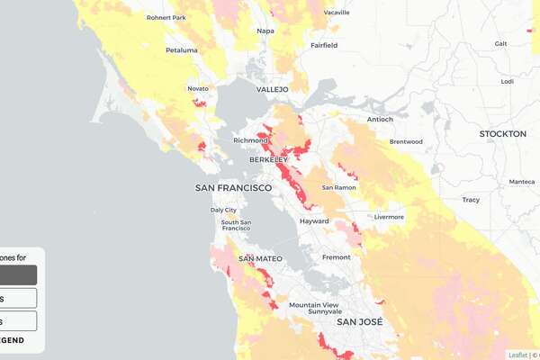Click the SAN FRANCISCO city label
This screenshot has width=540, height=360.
233,187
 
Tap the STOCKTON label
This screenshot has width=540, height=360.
502,133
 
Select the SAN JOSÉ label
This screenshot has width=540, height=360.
359,321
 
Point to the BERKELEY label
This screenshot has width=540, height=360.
268,159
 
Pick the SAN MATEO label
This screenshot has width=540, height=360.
260,258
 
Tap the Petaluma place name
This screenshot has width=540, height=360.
181,50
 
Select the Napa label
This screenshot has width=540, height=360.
265,31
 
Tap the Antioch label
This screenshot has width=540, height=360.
380,119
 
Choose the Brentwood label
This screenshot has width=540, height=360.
406,141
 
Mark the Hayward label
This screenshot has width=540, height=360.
314,220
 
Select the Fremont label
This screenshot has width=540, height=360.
336,257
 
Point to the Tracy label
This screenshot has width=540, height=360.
471,200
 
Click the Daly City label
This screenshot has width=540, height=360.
223,210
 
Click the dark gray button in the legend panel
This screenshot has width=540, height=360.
18,274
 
